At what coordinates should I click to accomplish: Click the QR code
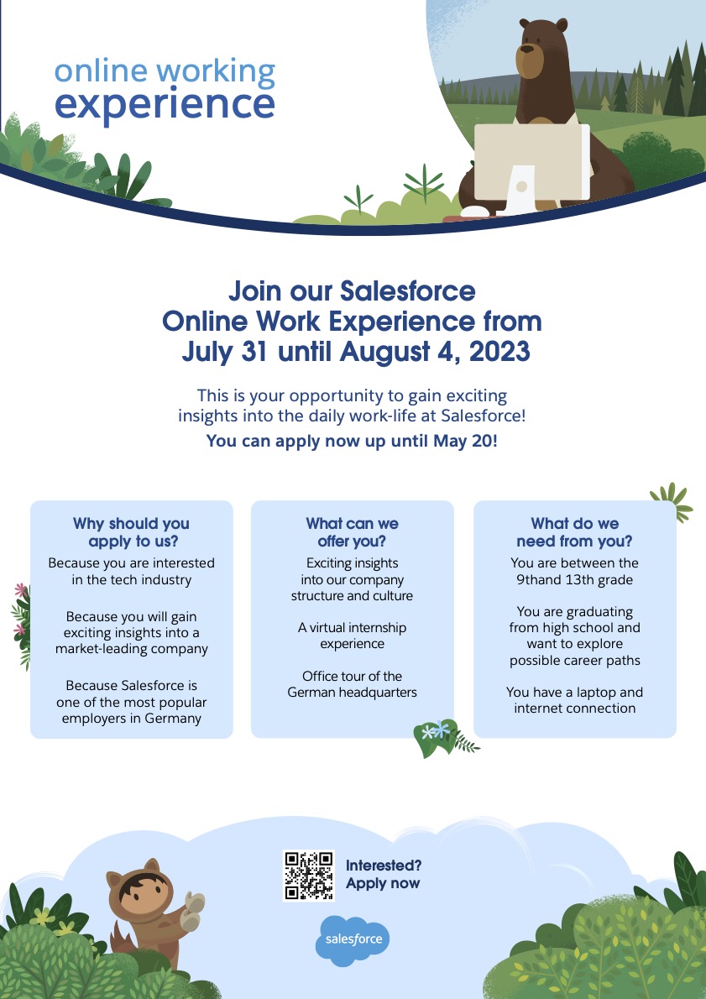[x=309, y=876]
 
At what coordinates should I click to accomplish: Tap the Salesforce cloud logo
[x=353, y=940]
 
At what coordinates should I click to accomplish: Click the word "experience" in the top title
[x=165, y=104]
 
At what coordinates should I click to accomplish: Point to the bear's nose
[x=527, y=48]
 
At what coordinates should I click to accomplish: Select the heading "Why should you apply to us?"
[x=131, y=532]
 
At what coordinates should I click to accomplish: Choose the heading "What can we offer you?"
[x=352, y=532]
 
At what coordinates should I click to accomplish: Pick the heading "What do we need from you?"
[x=575, y=532]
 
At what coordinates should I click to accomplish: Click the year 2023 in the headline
[x=499, y=352]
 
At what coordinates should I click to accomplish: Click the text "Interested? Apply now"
[x=383, y=874]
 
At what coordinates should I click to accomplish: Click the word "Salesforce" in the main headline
[x=408, y=291]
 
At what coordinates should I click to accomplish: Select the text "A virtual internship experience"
[x=352, y=635]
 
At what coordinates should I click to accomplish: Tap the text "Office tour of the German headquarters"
[x=352, y=684]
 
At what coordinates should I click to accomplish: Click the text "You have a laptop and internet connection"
[x=575, y=700]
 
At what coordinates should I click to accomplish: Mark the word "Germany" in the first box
[x=173, y=719]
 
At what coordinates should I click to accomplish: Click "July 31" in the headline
[x=224, y=352]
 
